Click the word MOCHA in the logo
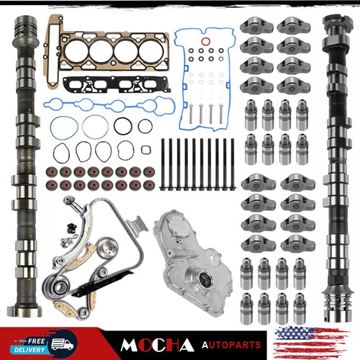[157, 345]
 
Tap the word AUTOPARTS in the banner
[231, 345]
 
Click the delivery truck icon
[62, 344]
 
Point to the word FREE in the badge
[36, 341]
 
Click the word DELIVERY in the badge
[30, 350]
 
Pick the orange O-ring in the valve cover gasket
[206, 42]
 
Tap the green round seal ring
[64, 127]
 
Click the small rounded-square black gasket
[146, 150]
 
